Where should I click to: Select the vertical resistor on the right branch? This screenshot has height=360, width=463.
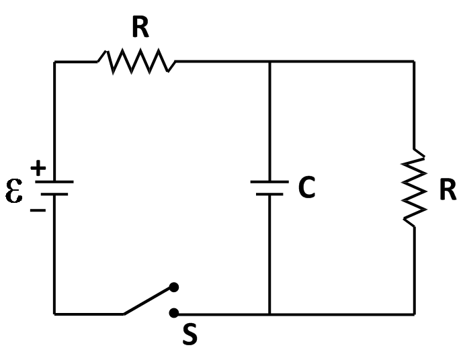(x=414, y=189)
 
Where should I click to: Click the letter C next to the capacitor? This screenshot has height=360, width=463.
(x=306, y=189)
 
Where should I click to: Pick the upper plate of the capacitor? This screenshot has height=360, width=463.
(x=269, y=182)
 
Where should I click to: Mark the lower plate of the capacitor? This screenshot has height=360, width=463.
(x=269, y=194)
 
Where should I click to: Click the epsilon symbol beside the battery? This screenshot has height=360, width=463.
(x=14, y=190)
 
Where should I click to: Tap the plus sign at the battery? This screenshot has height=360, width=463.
(x=38, y=169)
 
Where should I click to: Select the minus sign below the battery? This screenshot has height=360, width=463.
(x=38, y=210)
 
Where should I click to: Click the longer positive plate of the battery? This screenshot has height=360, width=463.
(x=54, y=181)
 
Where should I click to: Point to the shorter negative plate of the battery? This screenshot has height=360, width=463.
(x=54, y=194)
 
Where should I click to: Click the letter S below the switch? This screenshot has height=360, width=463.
(x=190, y=335)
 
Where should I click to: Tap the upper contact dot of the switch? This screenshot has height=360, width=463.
(x=173, y=287)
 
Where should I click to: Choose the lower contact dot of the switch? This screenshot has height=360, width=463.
(x=173, y=313)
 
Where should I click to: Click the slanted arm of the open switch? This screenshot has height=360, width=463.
(x=148, y=301)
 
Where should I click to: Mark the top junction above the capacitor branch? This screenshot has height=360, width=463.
(x=269, y=62)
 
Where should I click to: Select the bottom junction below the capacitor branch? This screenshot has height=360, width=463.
(x=269, y=314)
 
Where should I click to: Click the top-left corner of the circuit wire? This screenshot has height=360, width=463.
(x=55, y=62)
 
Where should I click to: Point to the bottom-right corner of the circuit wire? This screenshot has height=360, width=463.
(x=414, y=314)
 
